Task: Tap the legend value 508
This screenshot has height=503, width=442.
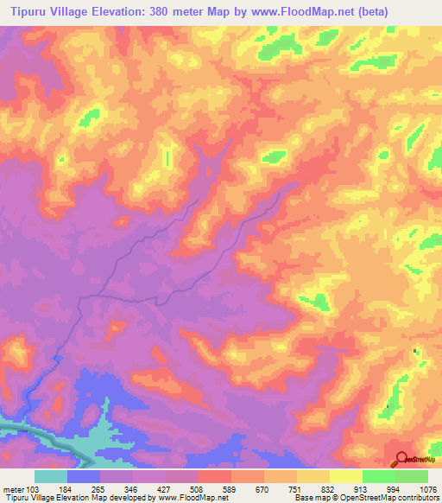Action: [x=198, y=488]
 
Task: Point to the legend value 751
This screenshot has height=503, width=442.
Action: [x=296, y=488]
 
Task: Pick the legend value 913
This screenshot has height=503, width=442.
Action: [x=362, y=488]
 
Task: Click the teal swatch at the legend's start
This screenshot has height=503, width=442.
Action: [x=51, y=476]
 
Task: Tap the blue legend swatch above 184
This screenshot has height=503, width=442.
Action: [x=84, y=476]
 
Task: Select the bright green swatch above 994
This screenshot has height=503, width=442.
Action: [x=379, y=476]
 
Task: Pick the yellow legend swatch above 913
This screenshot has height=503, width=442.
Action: [x=346, y=476]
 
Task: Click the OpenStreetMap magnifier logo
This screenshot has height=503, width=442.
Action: [x=401, y=460]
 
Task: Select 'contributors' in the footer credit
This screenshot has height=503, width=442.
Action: [x=418, y=498]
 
